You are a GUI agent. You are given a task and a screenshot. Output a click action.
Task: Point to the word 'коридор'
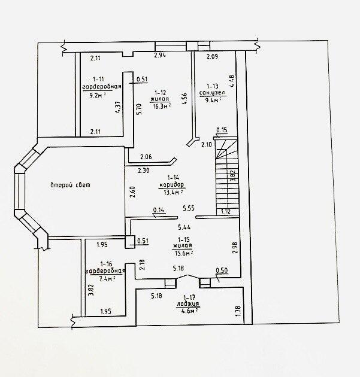(x=171, y=184)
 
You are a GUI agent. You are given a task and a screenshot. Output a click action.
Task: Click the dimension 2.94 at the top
(x=159, y=56)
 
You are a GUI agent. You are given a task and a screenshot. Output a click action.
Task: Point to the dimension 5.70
(x=139, y=110)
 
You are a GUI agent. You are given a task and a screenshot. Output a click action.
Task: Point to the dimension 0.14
(x=159, y=210)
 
